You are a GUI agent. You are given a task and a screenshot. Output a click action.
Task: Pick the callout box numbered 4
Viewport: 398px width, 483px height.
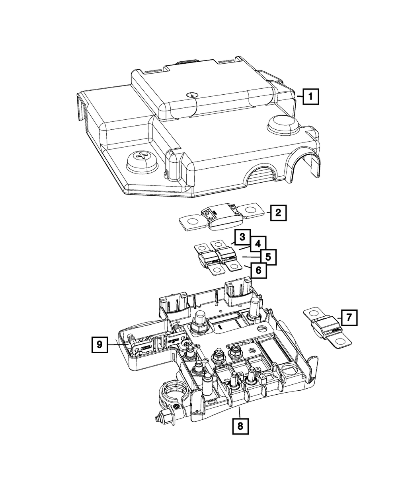tap(258, 243)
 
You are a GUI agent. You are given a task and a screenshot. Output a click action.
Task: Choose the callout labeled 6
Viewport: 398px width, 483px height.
tap(258, 270)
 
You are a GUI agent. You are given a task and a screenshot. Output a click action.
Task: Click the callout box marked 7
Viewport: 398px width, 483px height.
tap(349, 317)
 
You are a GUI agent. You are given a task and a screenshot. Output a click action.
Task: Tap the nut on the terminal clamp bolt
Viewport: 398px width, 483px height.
tap(160, 418)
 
